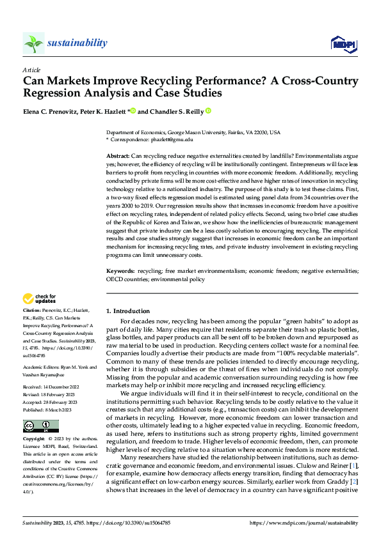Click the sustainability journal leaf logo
point(33,43)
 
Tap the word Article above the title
point(31,70)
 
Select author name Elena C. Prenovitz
point(48,111)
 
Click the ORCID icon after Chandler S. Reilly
point(208,111)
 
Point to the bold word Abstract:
point(117,156)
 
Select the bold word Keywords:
point(120,272)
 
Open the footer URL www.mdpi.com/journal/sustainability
point(304,523)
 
